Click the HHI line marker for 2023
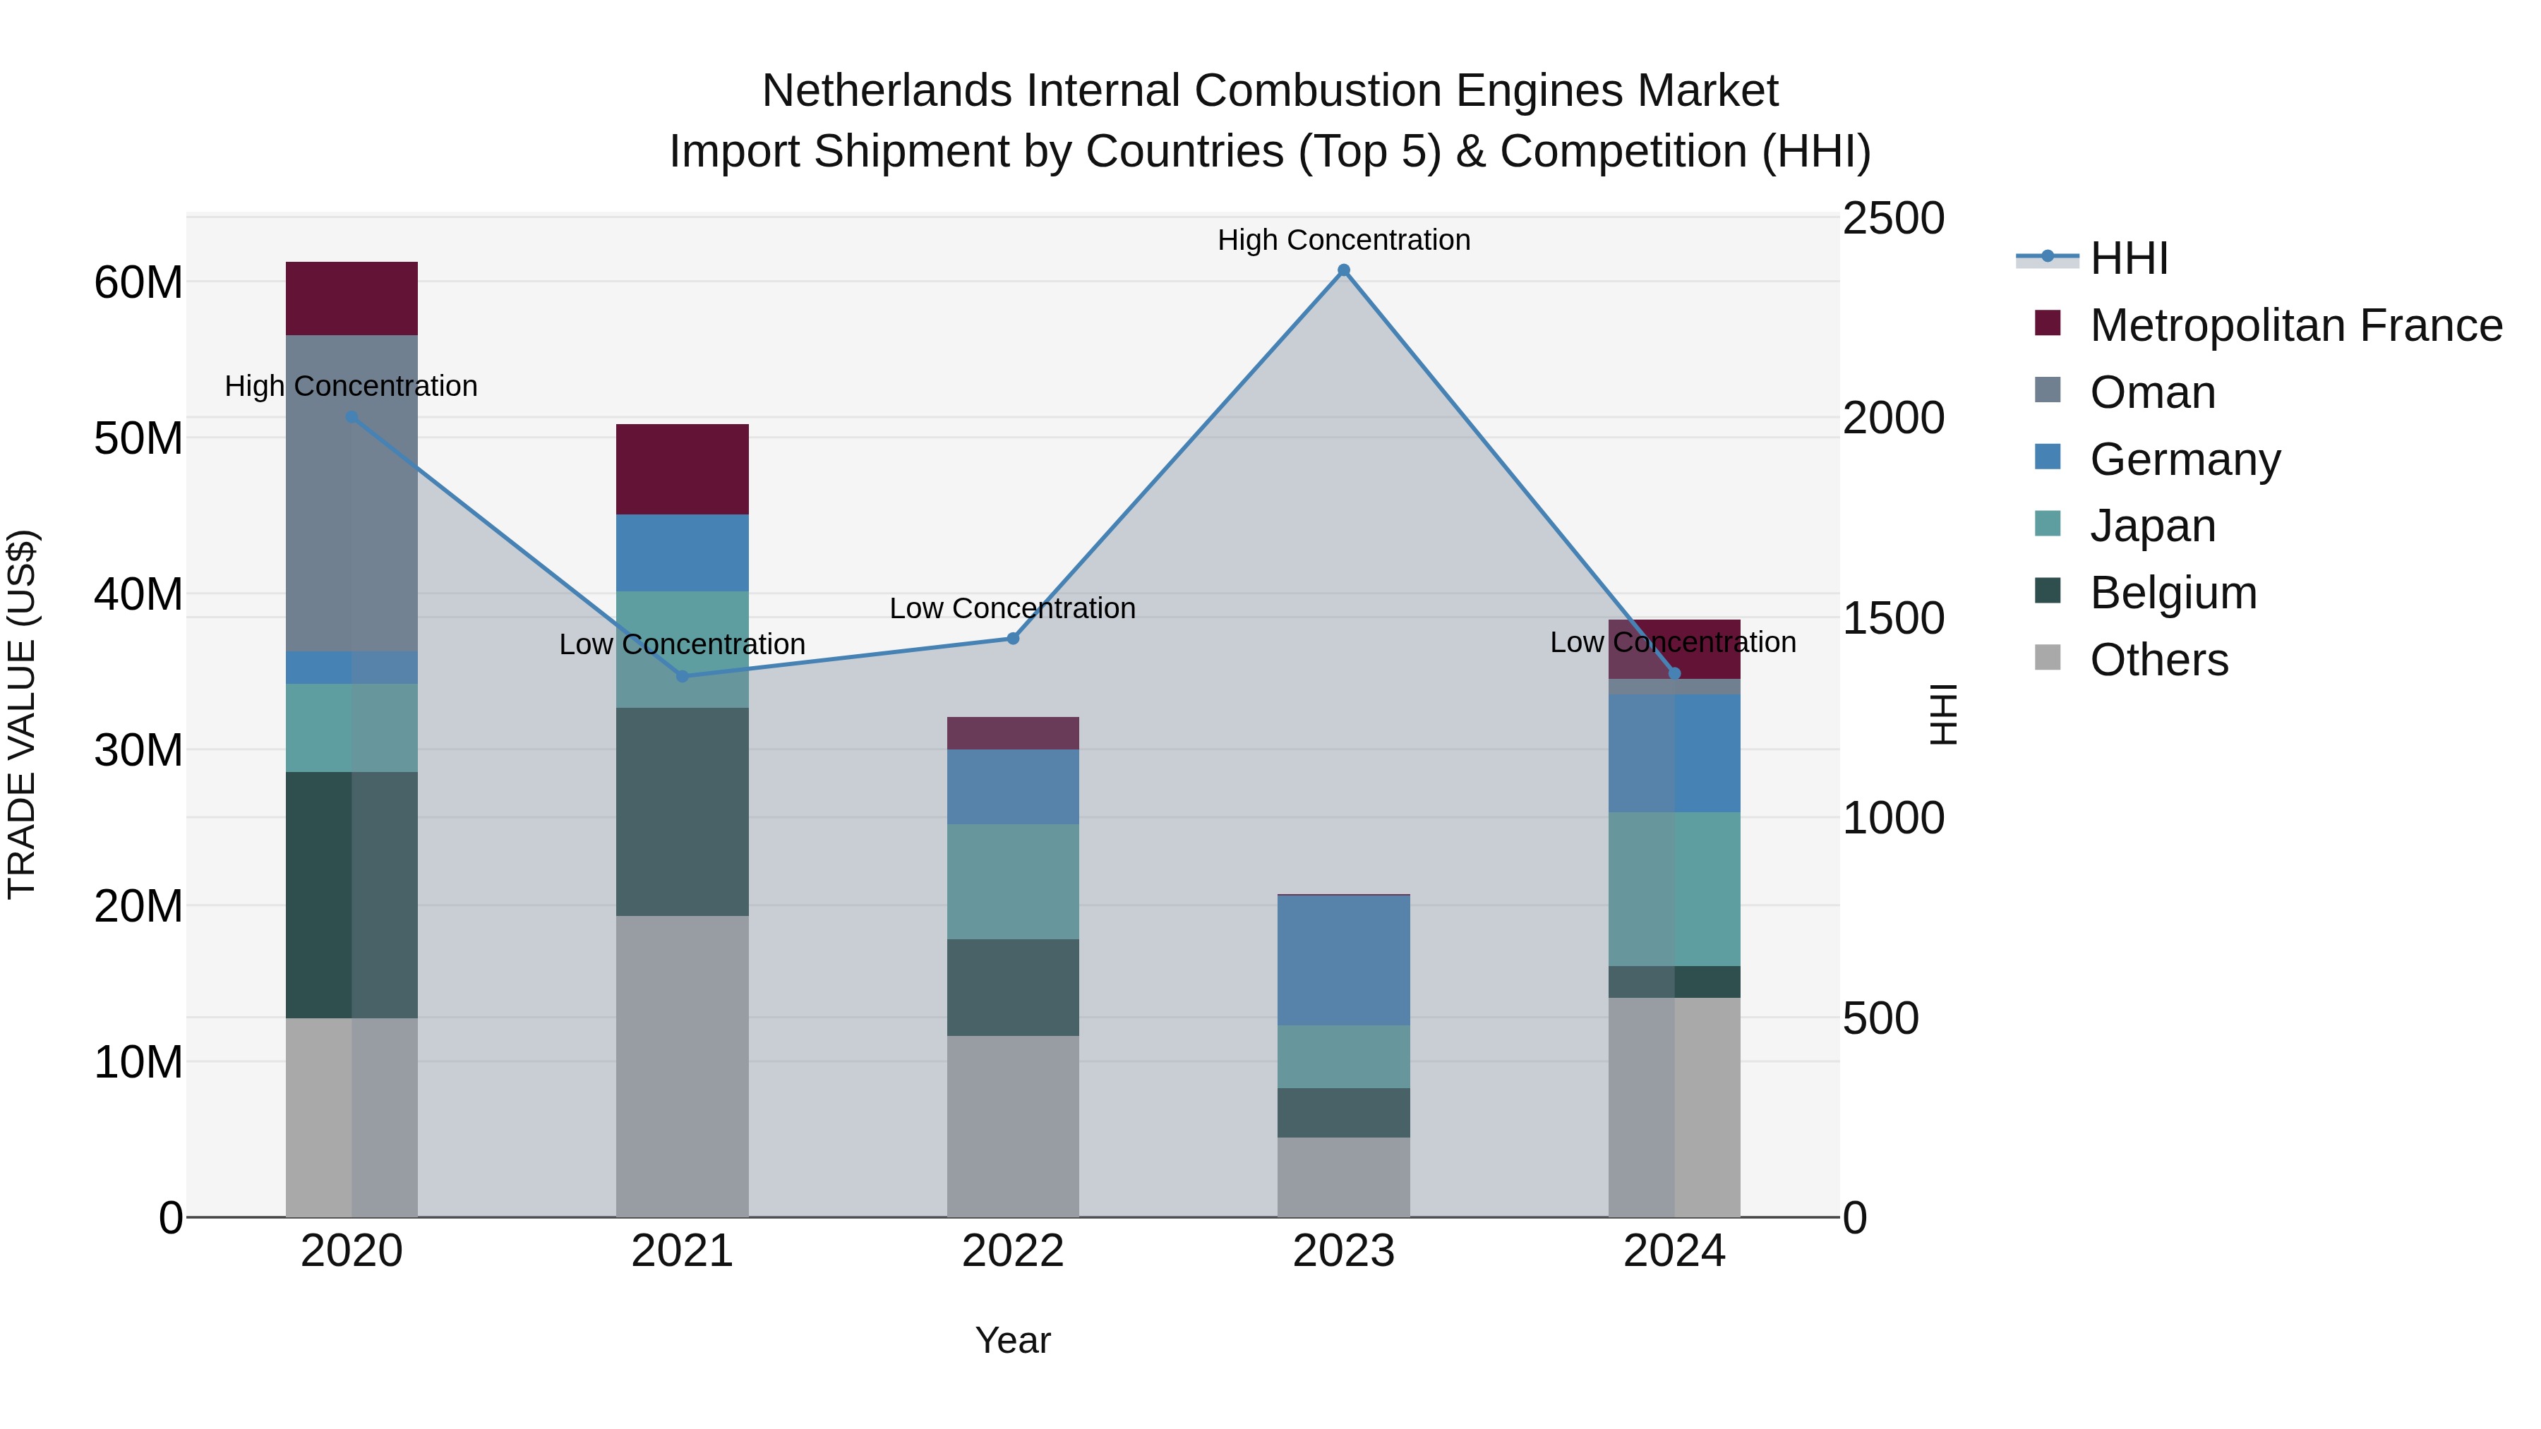[x=1342, y=270]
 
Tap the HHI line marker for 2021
[x=682, y=675]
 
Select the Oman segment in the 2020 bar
[x=352, y=493]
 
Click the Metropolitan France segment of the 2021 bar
[x=682, y=469]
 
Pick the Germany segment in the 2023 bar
[x=1342, y=960]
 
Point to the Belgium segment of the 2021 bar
[x=682, y=811]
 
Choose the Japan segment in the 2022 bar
[x=1012, y=881]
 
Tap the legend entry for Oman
[x=2152, y=392]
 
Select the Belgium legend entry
[x=2173, y=593]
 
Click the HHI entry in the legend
[x=2129, y=258]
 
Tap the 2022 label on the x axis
[x=1012, y=1251]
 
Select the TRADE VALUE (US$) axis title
[x=22, y=714]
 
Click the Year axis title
[x=1012, y=1340]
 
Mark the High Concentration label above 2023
[x=1342, y=240]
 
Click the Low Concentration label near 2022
[x=1012, y=608]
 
